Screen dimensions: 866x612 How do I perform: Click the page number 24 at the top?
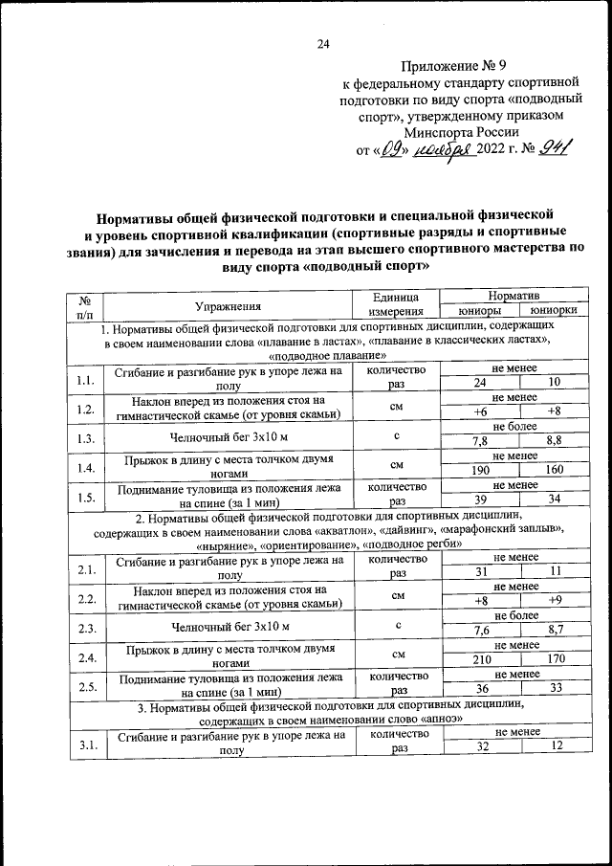[322, 43]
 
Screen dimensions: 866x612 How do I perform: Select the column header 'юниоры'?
[480, 311]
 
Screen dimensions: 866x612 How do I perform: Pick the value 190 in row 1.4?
[480, 471]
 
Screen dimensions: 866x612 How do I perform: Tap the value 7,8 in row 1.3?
[480, 441]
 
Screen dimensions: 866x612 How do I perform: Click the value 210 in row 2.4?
[480, 659]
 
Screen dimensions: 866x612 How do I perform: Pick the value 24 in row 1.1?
[480, 382]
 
